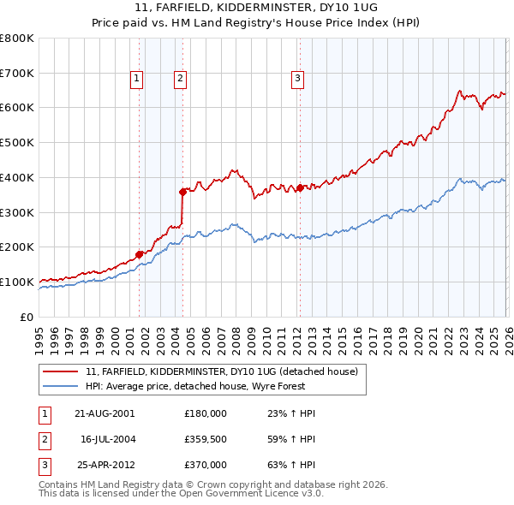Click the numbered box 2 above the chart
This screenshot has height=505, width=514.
coord(181,79)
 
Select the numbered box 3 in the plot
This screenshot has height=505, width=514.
coord(297,79)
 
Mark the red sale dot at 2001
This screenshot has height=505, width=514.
coord(139,253)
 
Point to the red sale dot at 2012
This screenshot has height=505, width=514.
coord(301,187)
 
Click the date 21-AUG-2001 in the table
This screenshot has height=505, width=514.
coord(105,413)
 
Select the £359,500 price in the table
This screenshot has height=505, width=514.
coord(206,439)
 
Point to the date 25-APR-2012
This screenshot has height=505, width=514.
coord(105,465)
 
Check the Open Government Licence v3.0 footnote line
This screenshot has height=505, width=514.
coord(181,494)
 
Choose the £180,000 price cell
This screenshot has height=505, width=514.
coord(206,413)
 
